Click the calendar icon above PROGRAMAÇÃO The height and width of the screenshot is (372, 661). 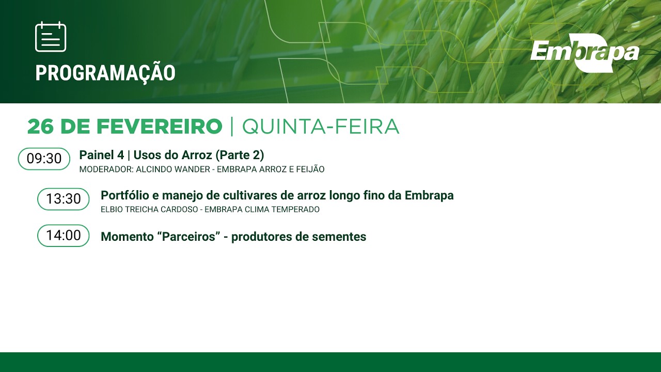pos(51,37)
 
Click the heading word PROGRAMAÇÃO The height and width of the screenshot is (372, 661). pos(105,73)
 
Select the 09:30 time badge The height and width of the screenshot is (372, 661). pos(44,159)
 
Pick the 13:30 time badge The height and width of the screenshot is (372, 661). pos(64,199)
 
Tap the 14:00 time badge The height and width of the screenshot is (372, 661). pos(64,236)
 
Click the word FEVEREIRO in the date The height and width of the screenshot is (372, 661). pos(159,127)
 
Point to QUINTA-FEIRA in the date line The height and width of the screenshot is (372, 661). pos(321,127)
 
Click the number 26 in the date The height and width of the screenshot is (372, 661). pos(41,127)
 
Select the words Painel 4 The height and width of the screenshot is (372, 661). pos(101,155)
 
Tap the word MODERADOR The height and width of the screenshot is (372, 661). pos(105,169)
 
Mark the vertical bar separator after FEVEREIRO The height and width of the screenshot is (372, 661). pos(232,127)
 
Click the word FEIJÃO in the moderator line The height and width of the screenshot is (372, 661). pos(309,169)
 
